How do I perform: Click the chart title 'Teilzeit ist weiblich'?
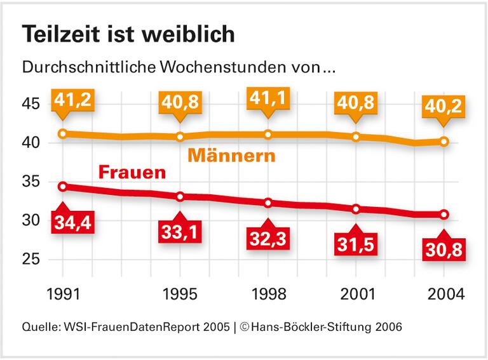coord(128,35)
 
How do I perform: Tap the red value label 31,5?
coord(356,244)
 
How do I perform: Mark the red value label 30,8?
coord(444,250)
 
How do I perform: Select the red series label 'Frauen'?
coord(132,172)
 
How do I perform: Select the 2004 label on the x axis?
coord(444,294)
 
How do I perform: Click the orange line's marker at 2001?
coord(356,137)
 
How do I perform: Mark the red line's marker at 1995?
coord(180,197)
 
